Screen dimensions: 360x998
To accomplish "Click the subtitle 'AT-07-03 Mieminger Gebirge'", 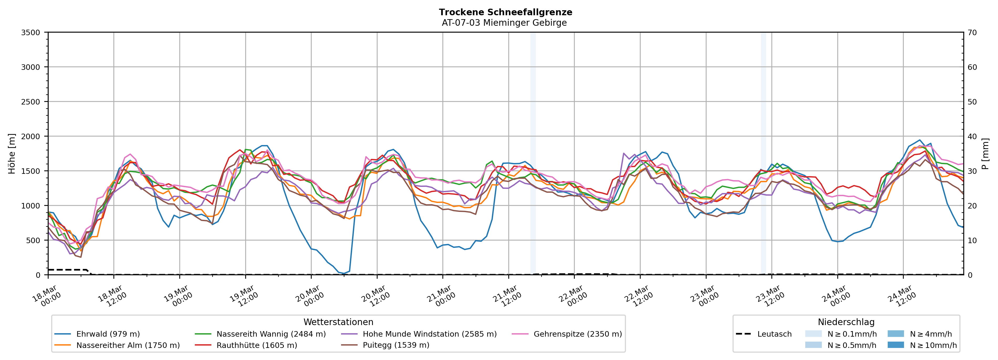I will point(504,23).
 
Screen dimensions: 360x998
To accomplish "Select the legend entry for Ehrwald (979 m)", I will point(108,334).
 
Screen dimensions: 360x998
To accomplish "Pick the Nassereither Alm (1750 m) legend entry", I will point(128,345).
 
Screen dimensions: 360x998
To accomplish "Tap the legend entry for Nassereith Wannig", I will point(271,334).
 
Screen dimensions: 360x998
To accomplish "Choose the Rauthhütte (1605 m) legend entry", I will point(257,345).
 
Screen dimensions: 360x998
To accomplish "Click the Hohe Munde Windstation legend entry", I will point(429,334).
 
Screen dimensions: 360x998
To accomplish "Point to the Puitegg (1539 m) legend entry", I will point(396,345).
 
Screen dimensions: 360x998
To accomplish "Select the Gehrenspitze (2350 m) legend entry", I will point(577,334).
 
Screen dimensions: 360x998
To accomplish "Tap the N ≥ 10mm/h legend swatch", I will point(896,345).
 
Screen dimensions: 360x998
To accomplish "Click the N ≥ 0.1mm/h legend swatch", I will point(813,334).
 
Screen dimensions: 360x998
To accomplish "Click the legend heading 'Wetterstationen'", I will point(338,322).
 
